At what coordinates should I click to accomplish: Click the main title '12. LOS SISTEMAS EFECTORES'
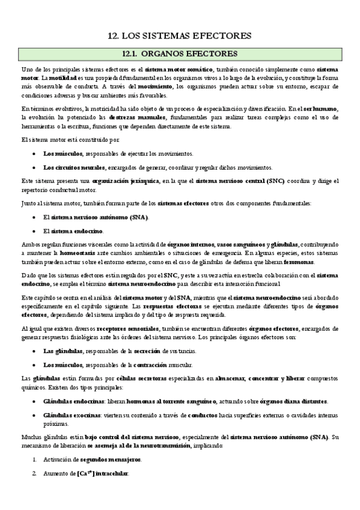coord(180,35)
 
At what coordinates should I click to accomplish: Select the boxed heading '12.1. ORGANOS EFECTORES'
coord(179,54)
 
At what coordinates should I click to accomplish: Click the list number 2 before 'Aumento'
coord(34,473)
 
